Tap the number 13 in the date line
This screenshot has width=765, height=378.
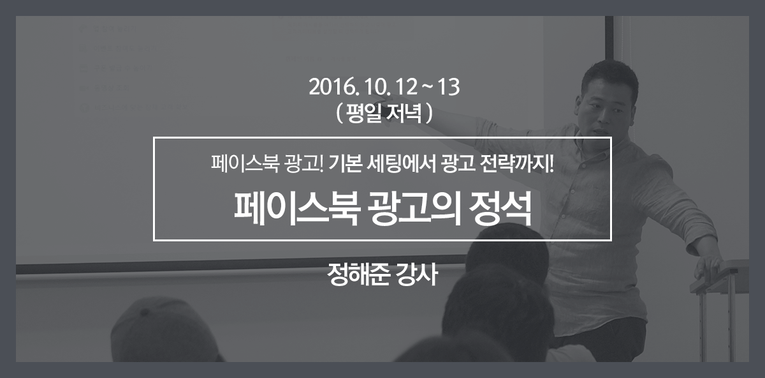[x=448, y=87]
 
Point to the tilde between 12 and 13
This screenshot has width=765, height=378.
[x=427, y=88]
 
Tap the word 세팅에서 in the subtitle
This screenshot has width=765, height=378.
[x=400, y=163]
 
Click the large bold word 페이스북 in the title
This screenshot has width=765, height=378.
[x=296, y=209]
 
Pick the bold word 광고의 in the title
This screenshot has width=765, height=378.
[x=414, y=209]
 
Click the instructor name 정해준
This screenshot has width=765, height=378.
[x=358, y=274]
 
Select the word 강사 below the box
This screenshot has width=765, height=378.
[x=417, y=274]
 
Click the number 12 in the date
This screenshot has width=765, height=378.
[x=406, y=87]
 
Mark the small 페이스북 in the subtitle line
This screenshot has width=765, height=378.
[x=245, y=163]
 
